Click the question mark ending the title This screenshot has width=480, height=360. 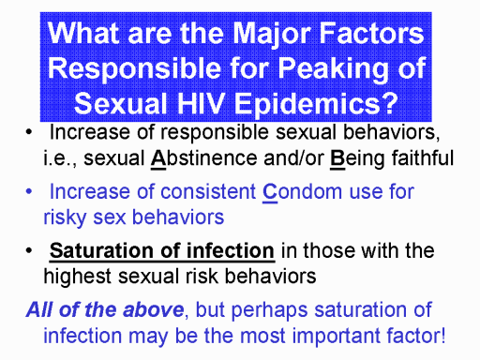point(389,103)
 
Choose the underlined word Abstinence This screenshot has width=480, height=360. point(203,158)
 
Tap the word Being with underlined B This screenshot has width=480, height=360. point(357,158)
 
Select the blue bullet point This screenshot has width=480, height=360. point(29,191)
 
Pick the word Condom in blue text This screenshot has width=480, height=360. point(302,191)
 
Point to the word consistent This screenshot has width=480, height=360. point(208,191)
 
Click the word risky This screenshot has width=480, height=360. point(65,217)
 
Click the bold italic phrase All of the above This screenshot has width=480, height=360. point(105,309)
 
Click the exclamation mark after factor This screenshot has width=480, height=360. point(442,335)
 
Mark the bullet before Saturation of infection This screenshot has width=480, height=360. point(29,250)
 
